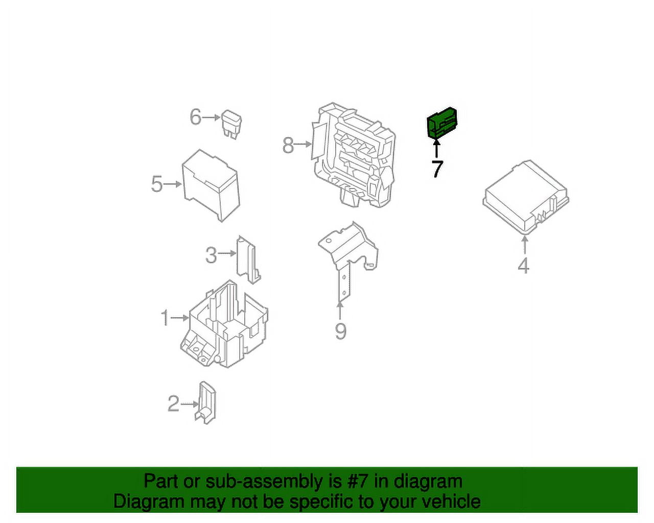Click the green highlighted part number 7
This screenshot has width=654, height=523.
click(441, 123)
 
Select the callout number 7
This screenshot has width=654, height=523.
click(437, 169)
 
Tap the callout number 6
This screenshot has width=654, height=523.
click(195, 117)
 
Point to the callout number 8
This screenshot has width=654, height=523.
click(288, 145)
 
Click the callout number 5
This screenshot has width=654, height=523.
click(156, 184)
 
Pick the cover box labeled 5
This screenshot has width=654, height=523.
click(211, 184)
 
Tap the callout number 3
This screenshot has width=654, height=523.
click(211, 255)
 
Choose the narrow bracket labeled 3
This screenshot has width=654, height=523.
click(247, 259)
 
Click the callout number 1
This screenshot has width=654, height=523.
click(165, 318)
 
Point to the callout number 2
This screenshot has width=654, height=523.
click(173, 403)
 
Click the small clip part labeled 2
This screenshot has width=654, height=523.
click(206, 402)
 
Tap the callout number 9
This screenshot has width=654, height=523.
click(340, 331)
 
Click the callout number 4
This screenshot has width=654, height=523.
click(523, 266)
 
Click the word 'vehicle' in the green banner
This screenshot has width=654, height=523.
click(452, 502)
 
